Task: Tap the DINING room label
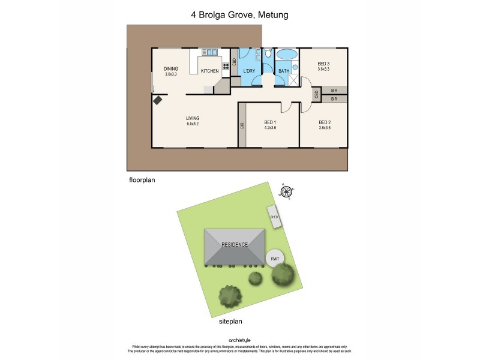pos(171,68)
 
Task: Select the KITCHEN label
pos(209,71)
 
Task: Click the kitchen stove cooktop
pos(227,66)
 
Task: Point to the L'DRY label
pos(249,71)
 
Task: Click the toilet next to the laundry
pos(268,55)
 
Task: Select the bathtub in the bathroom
pos(286,55)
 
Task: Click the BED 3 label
pos(323,64)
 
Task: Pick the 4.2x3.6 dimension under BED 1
pos(269,128)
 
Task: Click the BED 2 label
pos(324,122)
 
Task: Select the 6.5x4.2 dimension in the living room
pos(193,124)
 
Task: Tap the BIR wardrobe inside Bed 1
pos(242,125)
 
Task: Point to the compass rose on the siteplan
pos(287,192)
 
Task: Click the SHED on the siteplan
pos(274,217)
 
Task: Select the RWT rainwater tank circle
pos(275,259)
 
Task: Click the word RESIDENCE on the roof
pos(235,245)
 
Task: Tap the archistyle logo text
pos(240,340)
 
